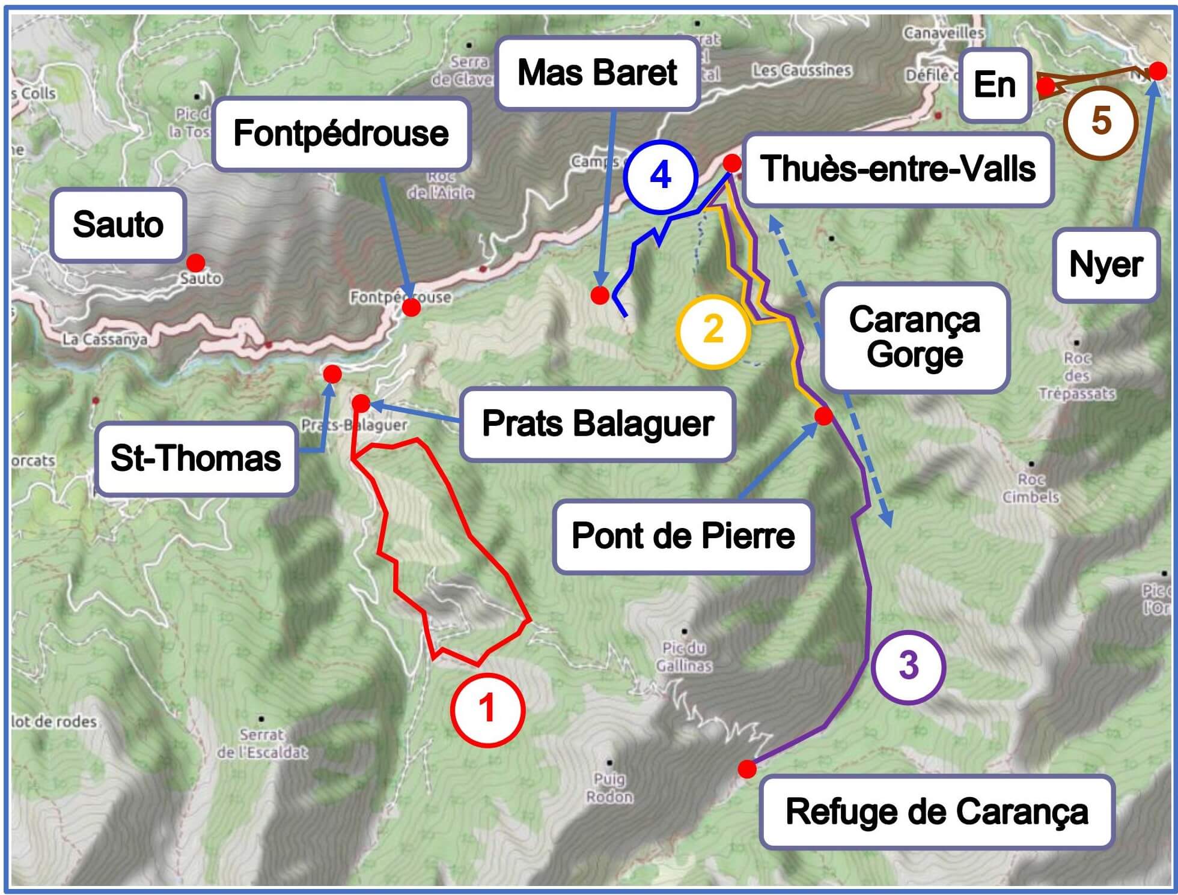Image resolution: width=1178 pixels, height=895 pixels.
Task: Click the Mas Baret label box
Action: tap(597, 73)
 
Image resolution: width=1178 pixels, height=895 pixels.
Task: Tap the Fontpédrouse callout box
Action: tap(341, 133)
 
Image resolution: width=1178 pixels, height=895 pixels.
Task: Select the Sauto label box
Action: tap(118, 225)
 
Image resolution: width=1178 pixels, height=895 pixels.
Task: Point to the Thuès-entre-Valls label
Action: tap(898, 169)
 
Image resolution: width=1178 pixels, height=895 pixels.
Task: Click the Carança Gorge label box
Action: tap(914, 337)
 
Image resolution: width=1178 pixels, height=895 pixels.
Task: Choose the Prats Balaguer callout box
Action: tap(597, 423)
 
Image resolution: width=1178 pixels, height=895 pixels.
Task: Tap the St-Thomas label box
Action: tap(195, 458)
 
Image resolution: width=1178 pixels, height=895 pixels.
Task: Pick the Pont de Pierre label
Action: tap(683, 536)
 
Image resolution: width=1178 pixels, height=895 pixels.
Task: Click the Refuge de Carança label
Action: tap(936, 812)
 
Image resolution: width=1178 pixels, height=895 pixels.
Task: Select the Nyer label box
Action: tap(1106, 265)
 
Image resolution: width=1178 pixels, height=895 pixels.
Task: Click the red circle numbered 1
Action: tap(488, 709)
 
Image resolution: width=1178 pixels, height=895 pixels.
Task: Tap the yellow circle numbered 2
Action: tap(713, 330)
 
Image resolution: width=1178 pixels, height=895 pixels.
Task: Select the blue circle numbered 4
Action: tap(660, 176)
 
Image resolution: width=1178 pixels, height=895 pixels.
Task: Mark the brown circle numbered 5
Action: tap(1100, 121)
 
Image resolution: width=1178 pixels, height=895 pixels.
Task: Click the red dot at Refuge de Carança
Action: tap(747, 769)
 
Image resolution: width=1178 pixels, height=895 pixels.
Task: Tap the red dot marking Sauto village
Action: tap(195, 262)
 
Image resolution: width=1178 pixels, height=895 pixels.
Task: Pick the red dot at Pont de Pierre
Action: tap(823, 415)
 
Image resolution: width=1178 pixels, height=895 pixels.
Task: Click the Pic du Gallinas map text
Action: tap(684, 657)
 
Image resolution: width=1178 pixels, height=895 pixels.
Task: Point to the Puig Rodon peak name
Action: tap(609, 788)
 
